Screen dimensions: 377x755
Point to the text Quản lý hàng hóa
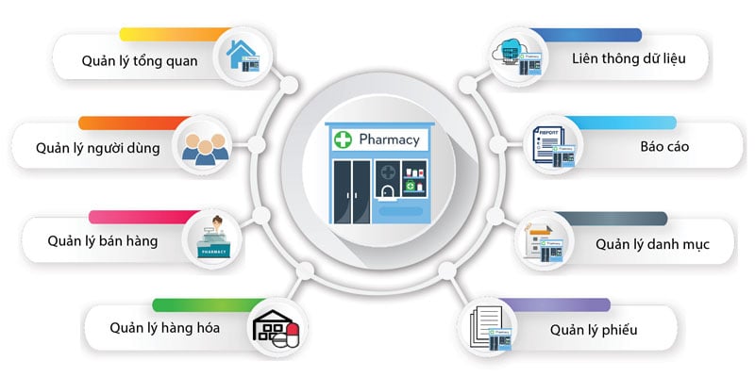click(166, 328)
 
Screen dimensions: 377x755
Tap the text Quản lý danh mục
click(652, 244)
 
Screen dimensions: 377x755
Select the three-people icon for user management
click(204, 146)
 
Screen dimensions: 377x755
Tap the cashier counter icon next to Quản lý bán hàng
click(214, 239)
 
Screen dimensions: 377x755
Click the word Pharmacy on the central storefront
click(389, 140)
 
